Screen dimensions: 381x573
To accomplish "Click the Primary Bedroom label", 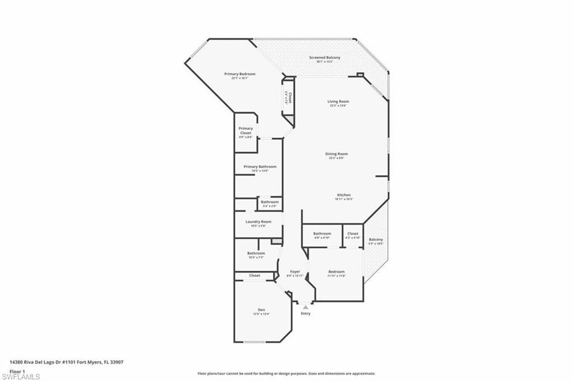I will (239, 74).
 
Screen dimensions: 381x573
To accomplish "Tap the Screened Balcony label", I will (325, 58).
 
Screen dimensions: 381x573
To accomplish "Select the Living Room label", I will (339, 101).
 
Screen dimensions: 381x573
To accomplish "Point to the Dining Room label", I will (336, 154).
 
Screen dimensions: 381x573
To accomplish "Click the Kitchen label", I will (344, 195).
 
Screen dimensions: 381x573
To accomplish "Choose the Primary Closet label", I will (246, 130).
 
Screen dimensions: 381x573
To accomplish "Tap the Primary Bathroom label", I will (260, 167).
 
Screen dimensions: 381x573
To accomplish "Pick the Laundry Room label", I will (258, 222).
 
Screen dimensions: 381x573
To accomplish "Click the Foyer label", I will (295, 272).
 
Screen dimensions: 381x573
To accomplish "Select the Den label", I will (261, 310).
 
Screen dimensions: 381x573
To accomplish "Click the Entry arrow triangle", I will (306, 307).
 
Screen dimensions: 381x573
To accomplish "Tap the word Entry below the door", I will (306, 313).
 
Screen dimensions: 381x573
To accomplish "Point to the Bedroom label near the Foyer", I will (336, 272).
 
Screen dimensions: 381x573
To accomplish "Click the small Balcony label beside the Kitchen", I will (375, 239).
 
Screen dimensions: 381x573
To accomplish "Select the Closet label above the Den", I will (255, 275).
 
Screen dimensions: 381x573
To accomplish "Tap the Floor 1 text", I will (17, 371).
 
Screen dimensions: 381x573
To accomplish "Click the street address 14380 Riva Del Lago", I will (66, 362).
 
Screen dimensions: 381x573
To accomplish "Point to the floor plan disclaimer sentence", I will (286, 373).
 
